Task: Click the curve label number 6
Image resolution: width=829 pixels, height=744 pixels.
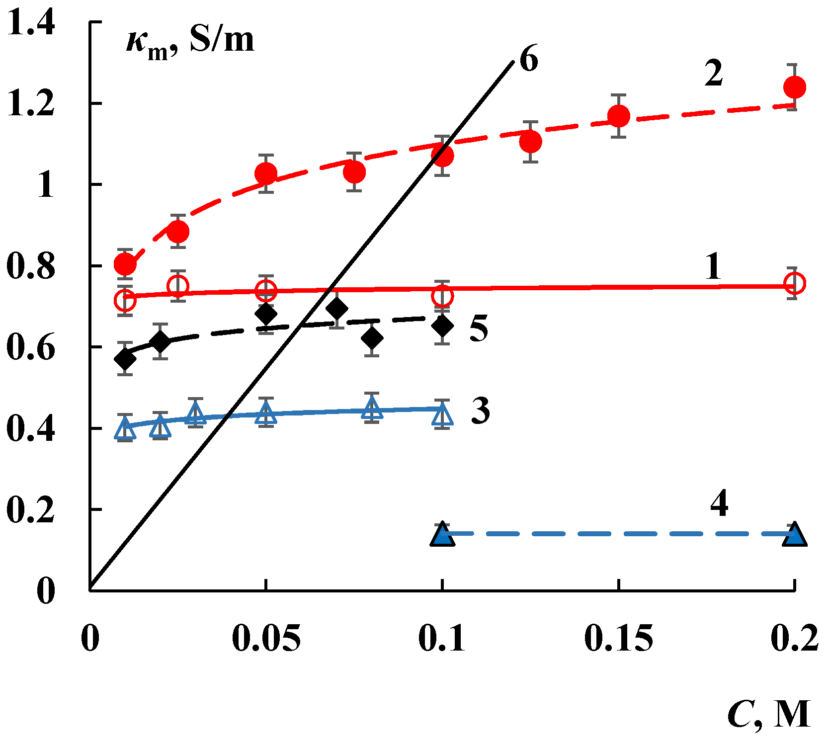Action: pyautogui.click(x=529, y=60)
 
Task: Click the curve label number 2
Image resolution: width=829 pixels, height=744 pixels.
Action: pyautogui.click(x=714, y=74)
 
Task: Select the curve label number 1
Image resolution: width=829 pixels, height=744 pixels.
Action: pyautogui.click(x=714, y=267)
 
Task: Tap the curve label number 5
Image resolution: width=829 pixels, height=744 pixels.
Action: pyautogui.click(x=479, y=329)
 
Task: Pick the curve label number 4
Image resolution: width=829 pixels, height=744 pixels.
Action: pyautogui.click(x=719, y=503)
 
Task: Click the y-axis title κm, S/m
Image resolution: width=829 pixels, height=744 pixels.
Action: pyautogui.click(x=190, y=42)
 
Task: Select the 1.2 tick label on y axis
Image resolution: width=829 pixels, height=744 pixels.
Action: pyautogui.click(x=31, y=104)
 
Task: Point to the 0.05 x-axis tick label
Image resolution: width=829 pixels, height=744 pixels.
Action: pyautogui.click(x=266, y=639)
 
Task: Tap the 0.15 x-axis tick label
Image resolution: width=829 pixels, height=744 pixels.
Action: pyautogui.click(x=618, y=639)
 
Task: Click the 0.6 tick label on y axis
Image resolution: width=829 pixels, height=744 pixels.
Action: pyautogui.click(x=31, y=347)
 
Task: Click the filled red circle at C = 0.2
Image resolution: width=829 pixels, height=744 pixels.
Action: pyautogui.click(x=794, y=87)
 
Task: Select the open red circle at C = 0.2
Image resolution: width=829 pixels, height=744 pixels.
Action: pyautogui.click(x=794, y=284)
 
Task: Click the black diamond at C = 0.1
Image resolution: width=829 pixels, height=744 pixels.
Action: pyautogui.click(x=442, y=326)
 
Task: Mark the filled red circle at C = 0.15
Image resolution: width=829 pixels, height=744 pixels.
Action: pyautogui.click(x=619, y=116)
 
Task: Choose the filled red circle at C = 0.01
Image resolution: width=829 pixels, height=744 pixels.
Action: pyautogui.click(x=125, y=264)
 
